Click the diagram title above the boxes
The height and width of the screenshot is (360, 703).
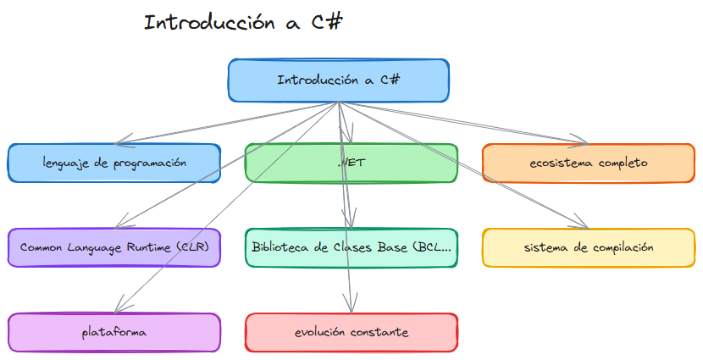click(x=243, y=23)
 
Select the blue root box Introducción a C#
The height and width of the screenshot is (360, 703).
click(x=338, y=80)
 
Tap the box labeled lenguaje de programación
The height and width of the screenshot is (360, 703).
click(x=114, y=163)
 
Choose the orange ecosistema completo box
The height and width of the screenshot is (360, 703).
click(x=588, y=163)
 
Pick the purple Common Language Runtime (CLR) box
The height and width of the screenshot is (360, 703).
click(x=114, y=247)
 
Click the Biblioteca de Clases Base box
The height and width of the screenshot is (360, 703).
click(x=351, y=247)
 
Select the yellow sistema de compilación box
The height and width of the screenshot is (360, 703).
click(x=588, y=247)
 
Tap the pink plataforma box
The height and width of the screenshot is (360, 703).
click(x=114, y=332)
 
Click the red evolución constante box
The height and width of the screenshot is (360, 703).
click(x=351, y=332)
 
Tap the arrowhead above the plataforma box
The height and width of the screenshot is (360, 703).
click(x=119, y=307)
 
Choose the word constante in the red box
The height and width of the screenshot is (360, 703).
click(x=379, y=332)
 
